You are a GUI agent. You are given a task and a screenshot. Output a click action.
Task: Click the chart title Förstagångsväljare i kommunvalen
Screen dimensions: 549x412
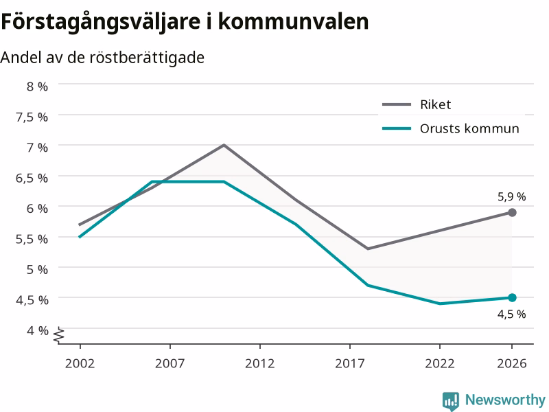point(185,22)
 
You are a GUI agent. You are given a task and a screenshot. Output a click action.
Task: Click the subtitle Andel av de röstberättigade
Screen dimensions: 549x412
point(102,58)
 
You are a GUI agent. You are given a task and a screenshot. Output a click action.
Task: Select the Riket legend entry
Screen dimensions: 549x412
point(417,104)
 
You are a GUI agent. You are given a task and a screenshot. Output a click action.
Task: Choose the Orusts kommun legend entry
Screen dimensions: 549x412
point(451,128)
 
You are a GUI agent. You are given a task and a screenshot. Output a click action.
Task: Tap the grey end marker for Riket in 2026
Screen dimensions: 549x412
point(512,212)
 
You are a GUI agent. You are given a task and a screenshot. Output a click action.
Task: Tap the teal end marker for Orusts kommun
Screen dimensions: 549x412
point(512,298)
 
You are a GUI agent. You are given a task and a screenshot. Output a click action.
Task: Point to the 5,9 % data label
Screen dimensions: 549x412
point(511,197)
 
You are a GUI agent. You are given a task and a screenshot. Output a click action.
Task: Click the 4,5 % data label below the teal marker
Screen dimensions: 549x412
point(511,314)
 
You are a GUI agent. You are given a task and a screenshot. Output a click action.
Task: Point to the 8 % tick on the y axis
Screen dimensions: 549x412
point(37,87)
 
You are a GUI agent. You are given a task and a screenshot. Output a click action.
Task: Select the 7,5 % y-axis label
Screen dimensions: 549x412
point(32,117)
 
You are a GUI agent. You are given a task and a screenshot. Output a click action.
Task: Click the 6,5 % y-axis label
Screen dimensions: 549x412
point(32,178)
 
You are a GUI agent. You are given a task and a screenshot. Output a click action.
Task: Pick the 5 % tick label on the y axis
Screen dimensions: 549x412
point(37,269)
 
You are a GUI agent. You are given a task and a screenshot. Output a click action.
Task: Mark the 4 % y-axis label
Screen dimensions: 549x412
point(37,330)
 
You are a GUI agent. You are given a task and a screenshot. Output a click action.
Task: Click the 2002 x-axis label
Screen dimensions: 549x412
point(80,363)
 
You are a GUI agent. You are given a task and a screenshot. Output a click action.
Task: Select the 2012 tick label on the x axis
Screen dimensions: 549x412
point(260,363)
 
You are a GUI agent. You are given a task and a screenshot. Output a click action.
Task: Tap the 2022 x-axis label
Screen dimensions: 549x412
point(440,363)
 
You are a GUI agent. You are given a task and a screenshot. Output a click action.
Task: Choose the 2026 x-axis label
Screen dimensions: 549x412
point(511,363)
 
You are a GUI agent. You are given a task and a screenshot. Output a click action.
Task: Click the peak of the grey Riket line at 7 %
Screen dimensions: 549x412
point(224,145)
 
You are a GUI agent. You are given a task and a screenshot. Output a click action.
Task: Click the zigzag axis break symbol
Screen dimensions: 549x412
point(59,335)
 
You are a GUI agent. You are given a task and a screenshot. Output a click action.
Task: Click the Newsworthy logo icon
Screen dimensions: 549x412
point(451,400)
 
